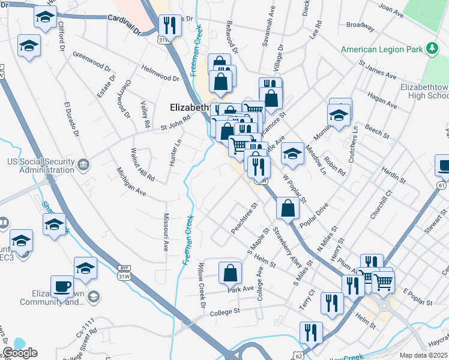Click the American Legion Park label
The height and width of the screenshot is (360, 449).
tap(382, 49)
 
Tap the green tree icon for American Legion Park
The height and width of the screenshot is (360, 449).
tap(430, 48)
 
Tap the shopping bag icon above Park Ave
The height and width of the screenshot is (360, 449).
tap(230, 273)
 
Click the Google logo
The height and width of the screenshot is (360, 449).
tap(20, 353)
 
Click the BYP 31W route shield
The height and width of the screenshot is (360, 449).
tap(124, 272)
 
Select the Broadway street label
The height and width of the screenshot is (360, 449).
tap(361, 25)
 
